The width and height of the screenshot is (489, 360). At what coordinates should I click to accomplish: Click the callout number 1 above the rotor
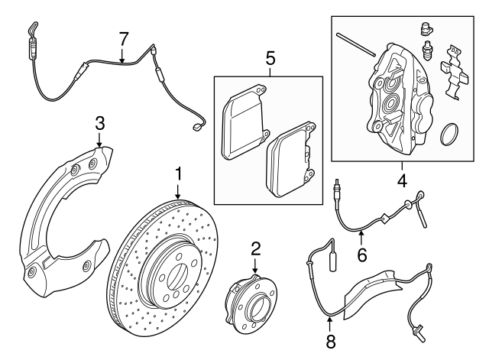pos(178,174)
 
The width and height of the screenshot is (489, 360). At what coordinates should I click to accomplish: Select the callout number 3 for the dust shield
pos(99,123)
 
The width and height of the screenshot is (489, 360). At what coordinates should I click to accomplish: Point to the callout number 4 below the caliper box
pos(400,182)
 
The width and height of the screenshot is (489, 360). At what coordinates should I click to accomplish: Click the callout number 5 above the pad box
pos(269,57)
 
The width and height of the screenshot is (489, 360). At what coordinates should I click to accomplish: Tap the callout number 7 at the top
pos(124,37)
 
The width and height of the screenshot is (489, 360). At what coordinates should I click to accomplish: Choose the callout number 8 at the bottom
pos(331,341)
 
